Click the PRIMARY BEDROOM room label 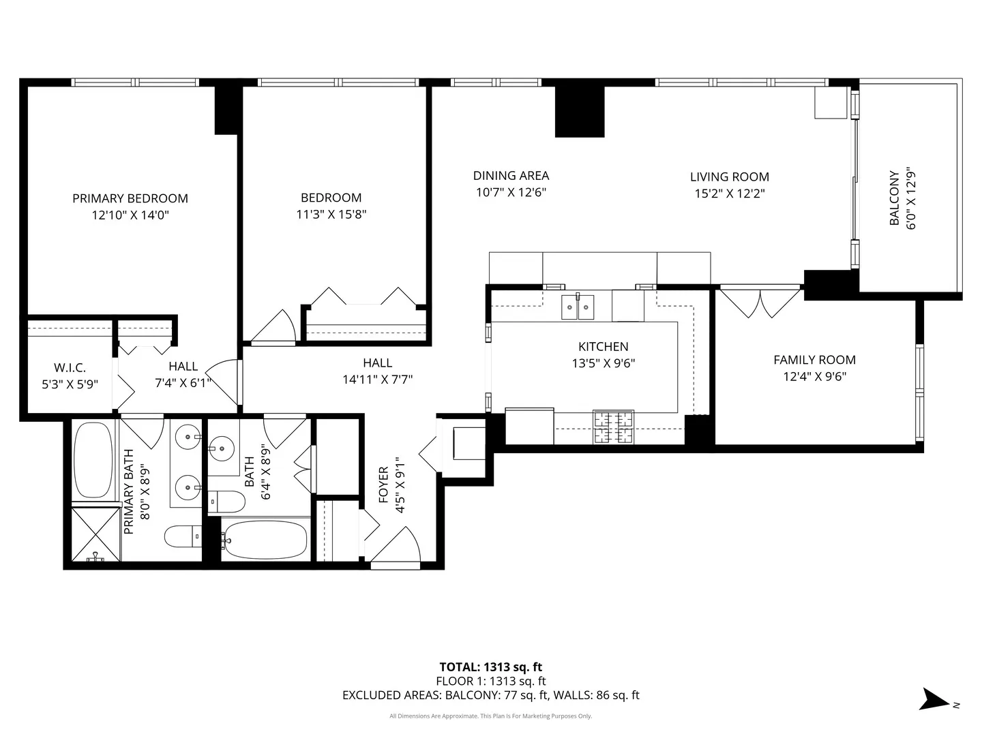point(130,198)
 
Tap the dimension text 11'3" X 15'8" point(331,215)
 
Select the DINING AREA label point(511,176)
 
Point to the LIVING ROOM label point(729,177)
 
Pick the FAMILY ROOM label point(814,360)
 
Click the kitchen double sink point(578,307)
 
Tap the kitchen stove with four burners point(613,427)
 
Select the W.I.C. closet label point(70,368)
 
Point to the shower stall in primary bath point(96,533)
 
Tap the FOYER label point(383,485)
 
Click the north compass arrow point(932,700)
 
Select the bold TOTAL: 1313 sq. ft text point(490,667)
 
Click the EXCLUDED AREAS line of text point(490,696)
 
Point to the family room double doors point(760,302)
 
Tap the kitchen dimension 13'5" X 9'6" point(603,364)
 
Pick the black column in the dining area point(579,111)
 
